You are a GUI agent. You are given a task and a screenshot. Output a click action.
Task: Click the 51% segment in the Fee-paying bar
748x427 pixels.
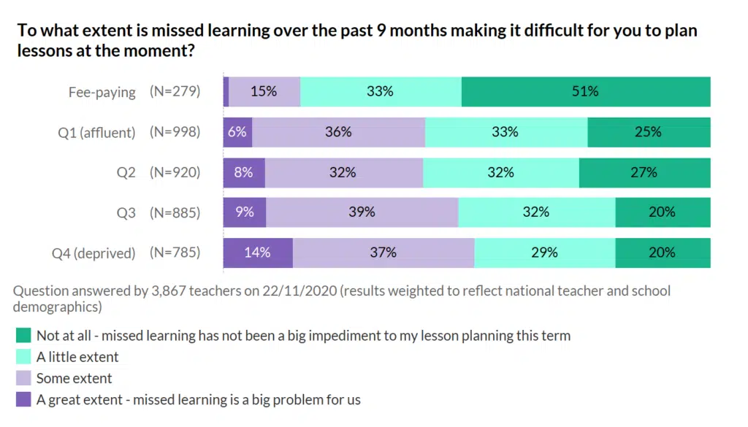pyautogui.click(x=585, y=92)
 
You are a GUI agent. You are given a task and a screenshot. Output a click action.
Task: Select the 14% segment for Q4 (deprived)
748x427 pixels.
pyautogui.click(x=258, y=253)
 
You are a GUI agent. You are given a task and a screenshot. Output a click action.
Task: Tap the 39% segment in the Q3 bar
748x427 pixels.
pyautogui.click(x=362, y=212)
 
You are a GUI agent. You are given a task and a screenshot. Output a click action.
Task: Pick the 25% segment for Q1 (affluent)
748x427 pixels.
pyautogui.click(x=648, y=132)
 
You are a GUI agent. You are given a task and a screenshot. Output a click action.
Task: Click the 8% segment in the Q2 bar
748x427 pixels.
pyautogui.click(x=244, y=172)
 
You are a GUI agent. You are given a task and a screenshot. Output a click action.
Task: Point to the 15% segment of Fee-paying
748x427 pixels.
pyautogui.click(x=264, y=92)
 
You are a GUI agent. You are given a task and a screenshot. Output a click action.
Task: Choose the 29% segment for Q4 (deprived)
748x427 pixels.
pyautogui.click(x=544, y=253)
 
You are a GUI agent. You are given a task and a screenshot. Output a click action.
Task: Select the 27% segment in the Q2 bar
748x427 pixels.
pyautogui.click(x=644, y=172)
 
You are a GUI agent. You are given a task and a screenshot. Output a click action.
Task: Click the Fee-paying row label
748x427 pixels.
pyautogui.click(x=102, y=92)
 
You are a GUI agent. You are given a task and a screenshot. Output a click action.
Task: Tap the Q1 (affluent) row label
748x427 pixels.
pyautogui.click(x=98, y=132)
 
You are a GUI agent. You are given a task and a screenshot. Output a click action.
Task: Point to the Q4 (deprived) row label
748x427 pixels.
pyautogui.click(x=93, y=253)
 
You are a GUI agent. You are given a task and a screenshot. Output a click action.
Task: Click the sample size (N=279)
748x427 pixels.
pyautogui.click(x=175, y=92)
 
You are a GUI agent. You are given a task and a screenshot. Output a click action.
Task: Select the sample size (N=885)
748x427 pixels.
pyautogui.click(x=175, y=212)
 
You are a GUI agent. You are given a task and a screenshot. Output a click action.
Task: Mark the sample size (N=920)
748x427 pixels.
pyautogui.click(x=175, y=172)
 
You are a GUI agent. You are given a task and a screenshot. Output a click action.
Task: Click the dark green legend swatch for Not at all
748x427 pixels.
pyautogui.click(x=23, y=336)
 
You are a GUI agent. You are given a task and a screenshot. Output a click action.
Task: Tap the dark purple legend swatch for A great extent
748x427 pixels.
pyautogui.click(x=23, y=399)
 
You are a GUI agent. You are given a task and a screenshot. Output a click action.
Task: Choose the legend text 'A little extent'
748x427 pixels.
pyautogui.click(x=77, y=357)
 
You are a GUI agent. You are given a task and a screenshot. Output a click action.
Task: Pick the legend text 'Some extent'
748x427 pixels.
pyautogui.click(x=75, y=378)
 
